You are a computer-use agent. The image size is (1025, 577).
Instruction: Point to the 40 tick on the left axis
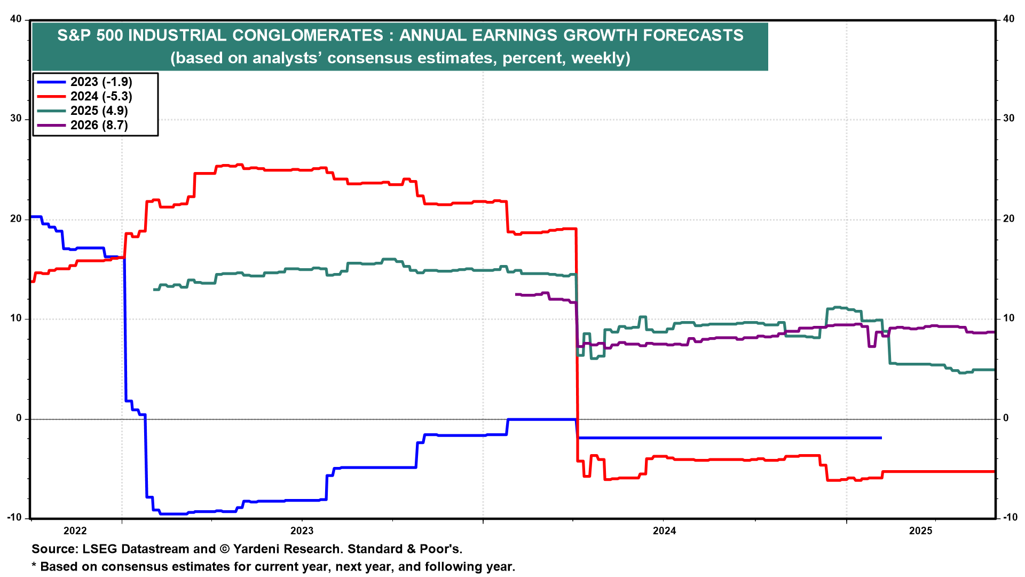(16, 19)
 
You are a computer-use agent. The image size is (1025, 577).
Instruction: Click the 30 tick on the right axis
(1008, 119)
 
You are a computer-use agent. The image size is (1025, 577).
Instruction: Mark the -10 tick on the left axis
(14, 517)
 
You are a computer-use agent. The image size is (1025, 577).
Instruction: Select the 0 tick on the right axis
(1006, 418)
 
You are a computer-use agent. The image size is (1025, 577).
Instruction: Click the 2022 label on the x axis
(75, 531)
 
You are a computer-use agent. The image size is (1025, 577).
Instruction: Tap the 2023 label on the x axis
(302, 531)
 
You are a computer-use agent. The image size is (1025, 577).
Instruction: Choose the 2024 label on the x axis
(664, 531)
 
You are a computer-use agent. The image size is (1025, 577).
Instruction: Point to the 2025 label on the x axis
(920, 531)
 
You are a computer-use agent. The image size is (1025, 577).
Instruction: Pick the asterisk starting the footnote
(34, 565)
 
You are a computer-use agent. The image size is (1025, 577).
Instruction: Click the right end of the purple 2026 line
(994, 332)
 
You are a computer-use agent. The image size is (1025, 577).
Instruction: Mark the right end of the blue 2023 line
(881, 438)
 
